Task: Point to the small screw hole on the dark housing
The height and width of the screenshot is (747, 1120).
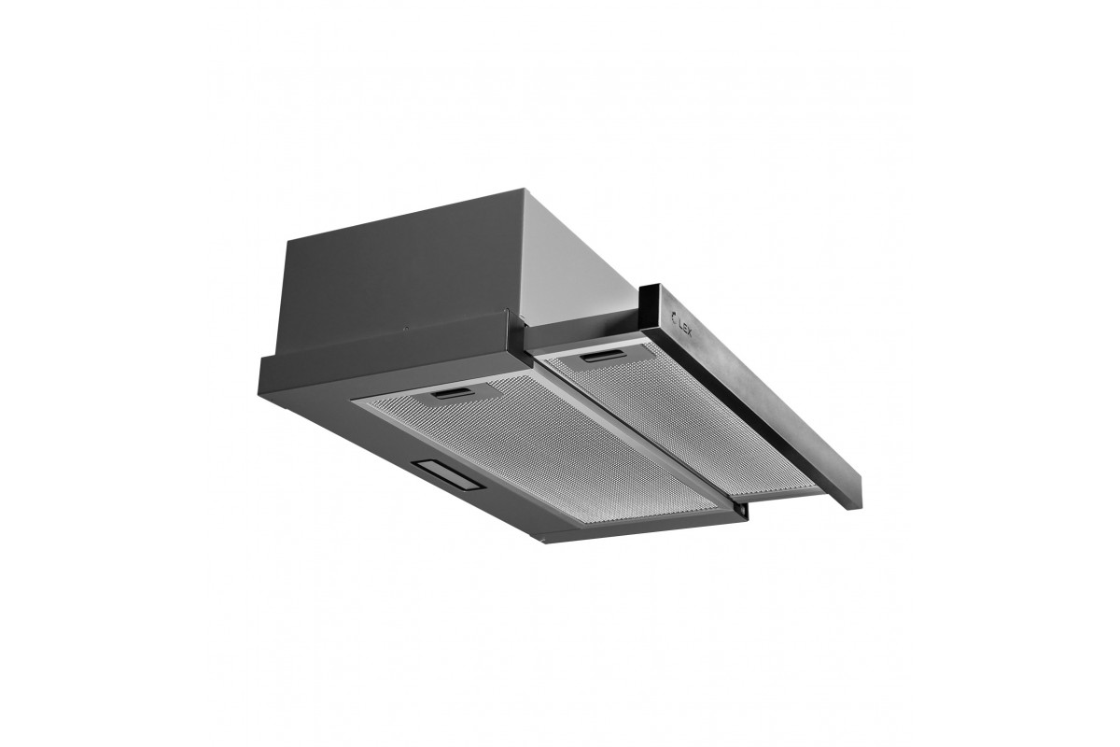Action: click(407, 329)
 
